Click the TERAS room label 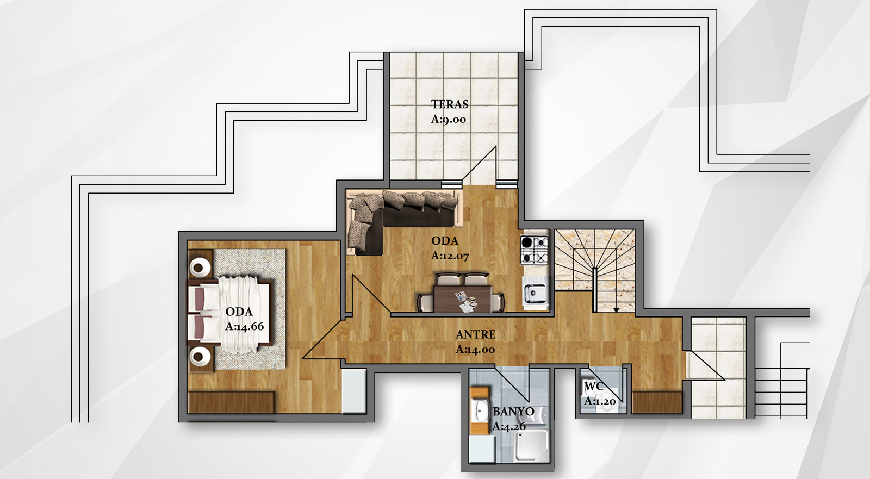click(x=450, y=104)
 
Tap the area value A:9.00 click(x=448, y=119)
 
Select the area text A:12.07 click(x=450, y=256)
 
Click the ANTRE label click(x=475, y=334)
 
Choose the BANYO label click(x=513, y=412)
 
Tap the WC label click(x=594, y=386)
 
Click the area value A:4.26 click(x=509, y=427)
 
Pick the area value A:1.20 click(x=600, y=401)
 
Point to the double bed click(x=229, y=315)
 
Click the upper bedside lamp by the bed click(x=201, y=268)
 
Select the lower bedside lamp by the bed click(x=201, y=356)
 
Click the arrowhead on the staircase click(x=616, y=309)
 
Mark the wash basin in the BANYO click(x=481, y=411)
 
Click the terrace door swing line click(x=479, y=163)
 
